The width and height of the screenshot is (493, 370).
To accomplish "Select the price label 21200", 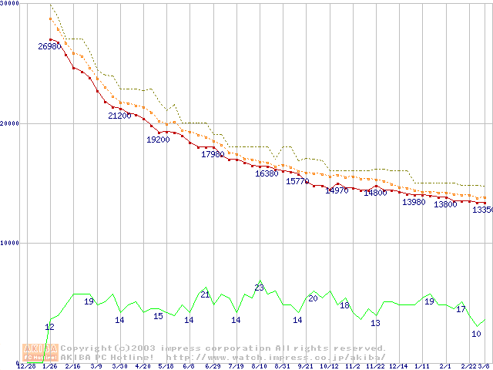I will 119,116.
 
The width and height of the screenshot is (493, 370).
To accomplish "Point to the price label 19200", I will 158,140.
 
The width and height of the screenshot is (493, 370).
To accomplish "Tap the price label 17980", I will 213,154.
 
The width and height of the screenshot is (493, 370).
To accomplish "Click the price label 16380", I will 267,173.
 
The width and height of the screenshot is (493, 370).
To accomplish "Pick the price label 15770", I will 297,181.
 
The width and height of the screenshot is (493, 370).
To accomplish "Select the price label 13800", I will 445,204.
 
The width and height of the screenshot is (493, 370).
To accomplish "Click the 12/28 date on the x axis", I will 26,366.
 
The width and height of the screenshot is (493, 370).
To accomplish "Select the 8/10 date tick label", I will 259,366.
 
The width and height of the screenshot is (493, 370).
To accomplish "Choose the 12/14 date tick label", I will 398,366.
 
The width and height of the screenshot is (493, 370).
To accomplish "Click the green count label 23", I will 259,288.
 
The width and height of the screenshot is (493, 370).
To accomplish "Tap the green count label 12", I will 49,327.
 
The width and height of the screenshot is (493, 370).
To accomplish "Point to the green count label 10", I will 476,334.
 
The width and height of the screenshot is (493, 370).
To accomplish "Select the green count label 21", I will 205,294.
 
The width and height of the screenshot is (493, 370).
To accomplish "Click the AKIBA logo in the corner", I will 40,352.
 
